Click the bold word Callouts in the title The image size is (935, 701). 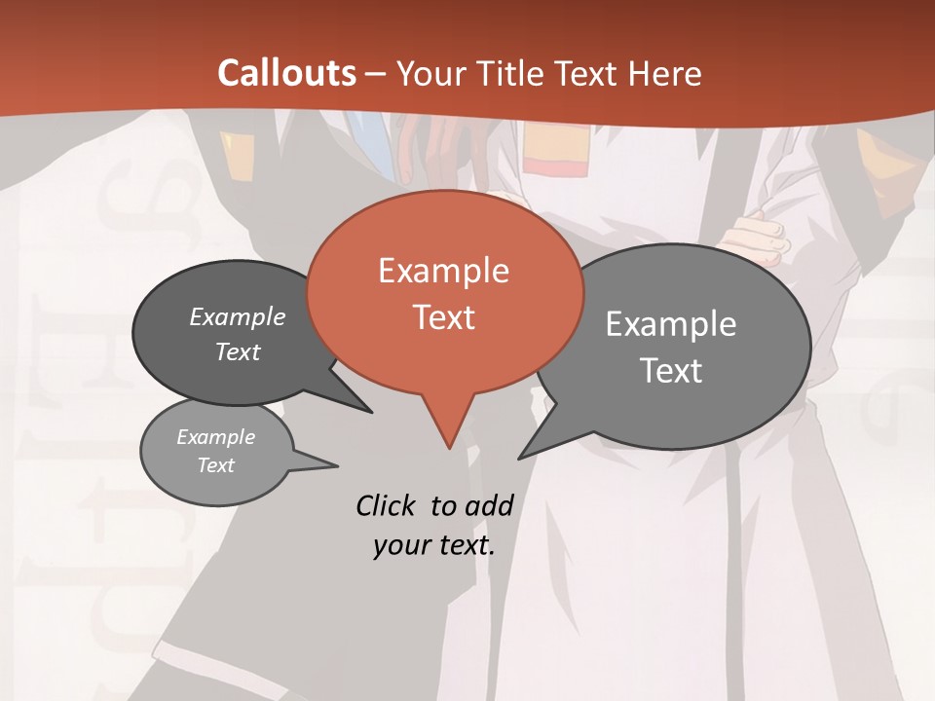click(286, 73)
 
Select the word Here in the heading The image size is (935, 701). click(666, 73)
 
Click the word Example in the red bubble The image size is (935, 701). click(443, 271)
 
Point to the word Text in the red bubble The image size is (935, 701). click(443, 317)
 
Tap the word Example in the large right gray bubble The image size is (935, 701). click(671, 324)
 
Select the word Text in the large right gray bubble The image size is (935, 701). click(671, 371)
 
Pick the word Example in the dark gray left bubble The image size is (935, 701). click(238, 316)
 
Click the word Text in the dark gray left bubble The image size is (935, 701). click(238, 351)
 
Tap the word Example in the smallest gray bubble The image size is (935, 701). click(216, 437)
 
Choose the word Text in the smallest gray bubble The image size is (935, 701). click(216, 465)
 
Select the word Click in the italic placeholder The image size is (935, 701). click(388, 505)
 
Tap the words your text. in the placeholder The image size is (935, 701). click(434, 545)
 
